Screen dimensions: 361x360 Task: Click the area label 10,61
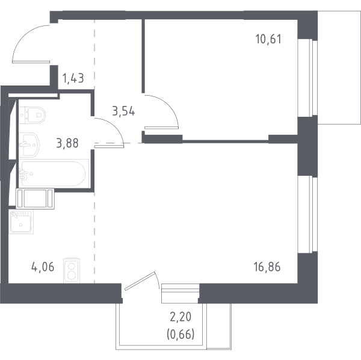point(268,39)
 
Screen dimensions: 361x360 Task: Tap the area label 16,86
point(267,267)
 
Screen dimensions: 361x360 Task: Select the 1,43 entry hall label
point(73,78)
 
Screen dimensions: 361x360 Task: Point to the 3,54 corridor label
point(123,111)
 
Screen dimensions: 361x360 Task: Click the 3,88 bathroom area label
point(67,143)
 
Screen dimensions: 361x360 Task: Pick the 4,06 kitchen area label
point(43,267)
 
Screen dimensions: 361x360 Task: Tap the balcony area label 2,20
point(180,317)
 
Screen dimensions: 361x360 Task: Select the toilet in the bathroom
point(32,115)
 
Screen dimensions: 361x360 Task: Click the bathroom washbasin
point(29,145)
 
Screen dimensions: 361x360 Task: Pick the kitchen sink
point(21,222)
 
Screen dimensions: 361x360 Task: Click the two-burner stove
point(72,271)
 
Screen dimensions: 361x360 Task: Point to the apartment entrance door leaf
point(31,62)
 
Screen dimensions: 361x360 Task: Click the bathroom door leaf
point(109,146)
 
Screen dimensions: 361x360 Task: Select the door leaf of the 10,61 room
point(161,128)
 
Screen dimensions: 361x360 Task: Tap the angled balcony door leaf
point(140,281)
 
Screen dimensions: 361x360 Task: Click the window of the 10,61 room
point(308,78)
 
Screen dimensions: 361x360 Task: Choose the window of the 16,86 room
point(308,214)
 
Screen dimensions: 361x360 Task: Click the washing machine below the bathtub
point(35,199)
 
